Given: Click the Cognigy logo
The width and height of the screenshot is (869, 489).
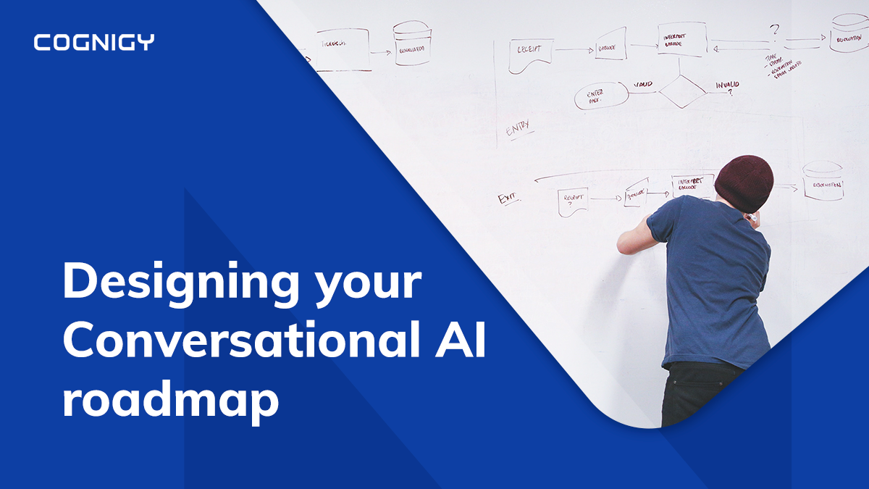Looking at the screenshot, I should pyautogui.click(x=93, y=42).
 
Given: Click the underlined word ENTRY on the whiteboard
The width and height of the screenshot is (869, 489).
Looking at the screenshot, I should pyautogui.click(x=518, y=126).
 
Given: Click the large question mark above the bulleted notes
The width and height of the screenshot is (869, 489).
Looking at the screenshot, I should pyautogui.click(x=775, y=30).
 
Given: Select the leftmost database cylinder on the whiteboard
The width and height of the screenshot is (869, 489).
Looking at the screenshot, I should pyautogui.click(x=412, y=43).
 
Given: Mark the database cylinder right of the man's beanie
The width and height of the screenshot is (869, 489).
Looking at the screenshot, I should pyautogui.click(x=824, y=181).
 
